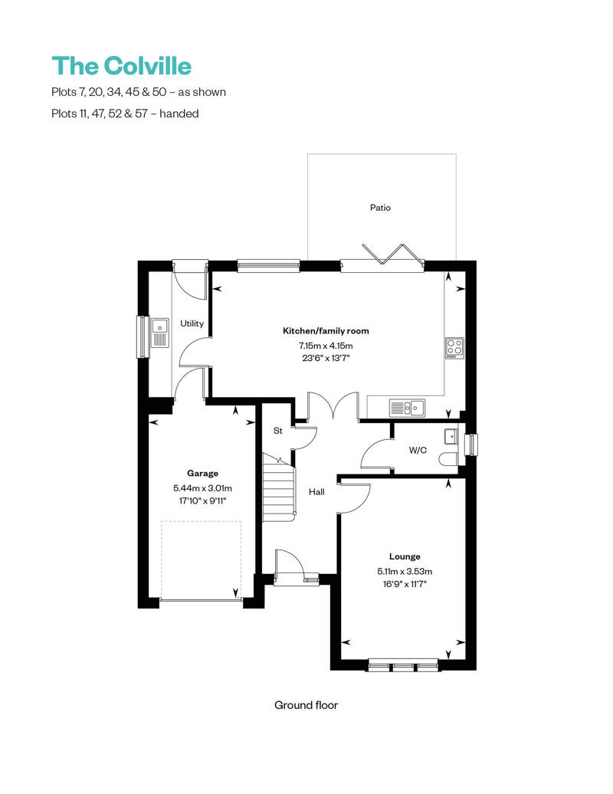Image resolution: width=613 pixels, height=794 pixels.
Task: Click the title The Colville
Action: [121, 66]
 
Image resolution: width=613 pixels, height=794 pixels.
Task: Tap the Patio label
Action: [380, 207]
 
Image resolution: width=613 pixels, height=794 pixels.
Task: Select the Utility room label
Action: [192, 323]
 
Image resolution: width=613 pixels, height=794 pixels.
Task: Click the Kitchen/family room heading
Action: [326, 331]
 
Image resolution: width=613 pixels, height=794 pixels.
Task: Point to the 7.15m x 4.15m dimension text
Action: [326, 345]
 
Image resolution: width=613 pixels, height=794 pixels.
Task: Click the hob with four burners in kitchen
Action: [454, 348]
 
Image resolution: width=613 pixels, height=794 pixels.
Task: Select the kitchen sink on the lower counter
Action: [407, 407]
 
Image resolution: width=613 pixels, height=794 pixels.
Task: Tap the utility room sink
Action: [160, 333]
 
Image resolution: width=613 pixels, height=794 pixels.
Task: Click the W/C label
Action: [418, 450]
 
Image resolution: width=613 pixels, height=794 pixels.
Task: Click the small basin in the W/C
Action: [450, 437]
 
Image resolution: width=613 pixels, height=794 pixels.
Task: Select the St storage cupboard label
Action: [278, 431]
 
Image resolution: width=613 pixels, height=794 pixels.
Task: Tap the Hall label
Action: [316, 491]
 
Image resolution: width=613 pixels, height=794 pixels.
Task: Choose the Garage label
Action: [202, 473]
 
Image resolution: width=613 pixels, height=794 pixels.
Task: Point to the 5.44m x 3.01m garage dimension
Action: [202, 487]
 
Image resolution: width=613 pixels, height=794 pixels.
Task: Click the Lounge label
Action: [404, 556]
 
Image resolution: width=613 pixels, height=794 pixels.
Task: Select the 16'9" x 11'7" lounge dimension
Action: [404, 584]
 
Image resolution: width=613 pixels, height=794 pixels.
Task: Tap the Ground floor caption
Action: [306, 704]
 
